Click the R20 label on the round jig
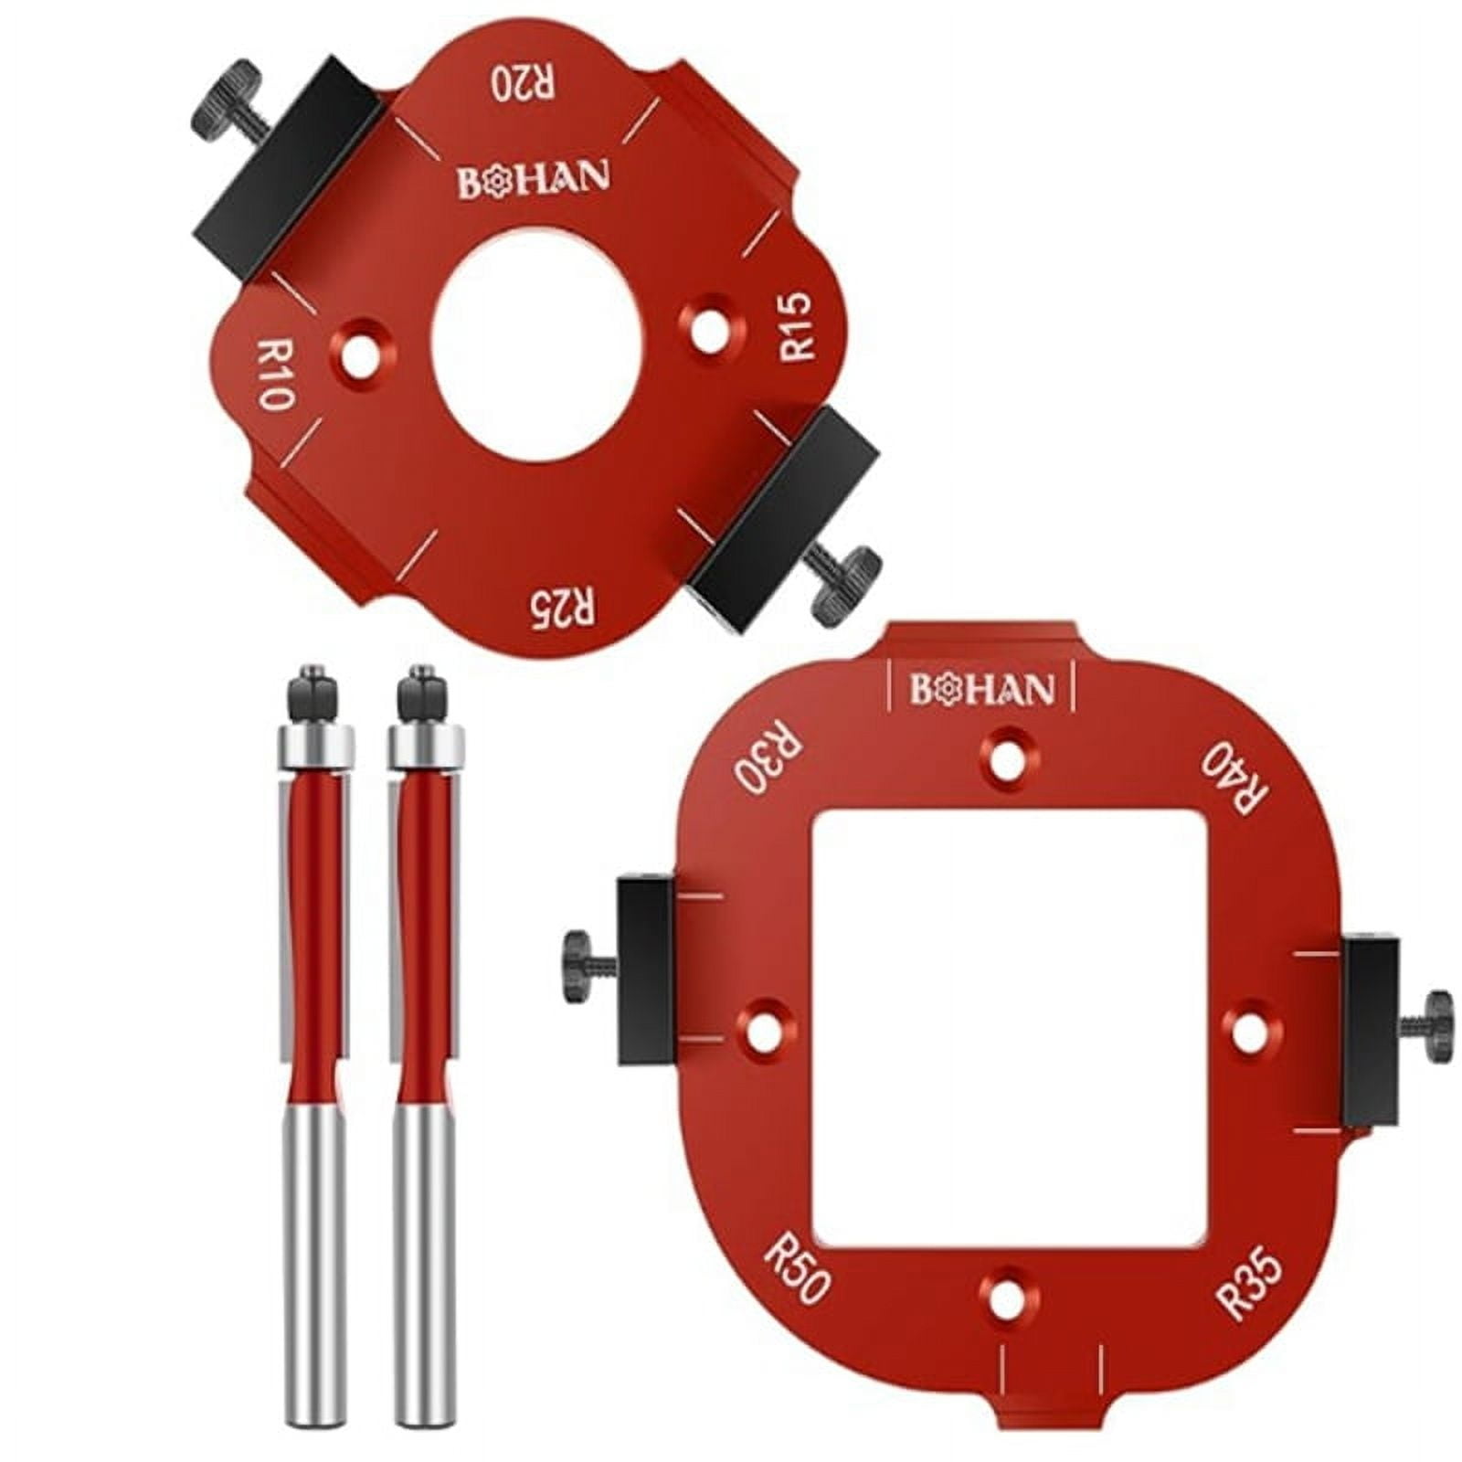point(524,82)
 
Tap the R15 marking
point(794,326)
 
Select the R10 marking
point(273,374)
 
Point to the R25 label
point(558,605)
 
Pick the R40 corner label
point(1235,777)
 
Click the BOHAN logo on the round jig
point(533,180)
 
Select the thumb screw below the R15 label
point(848,585)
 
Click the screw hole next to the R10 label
point(363,347)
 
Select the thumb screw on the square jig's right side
point(1437,1026)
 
